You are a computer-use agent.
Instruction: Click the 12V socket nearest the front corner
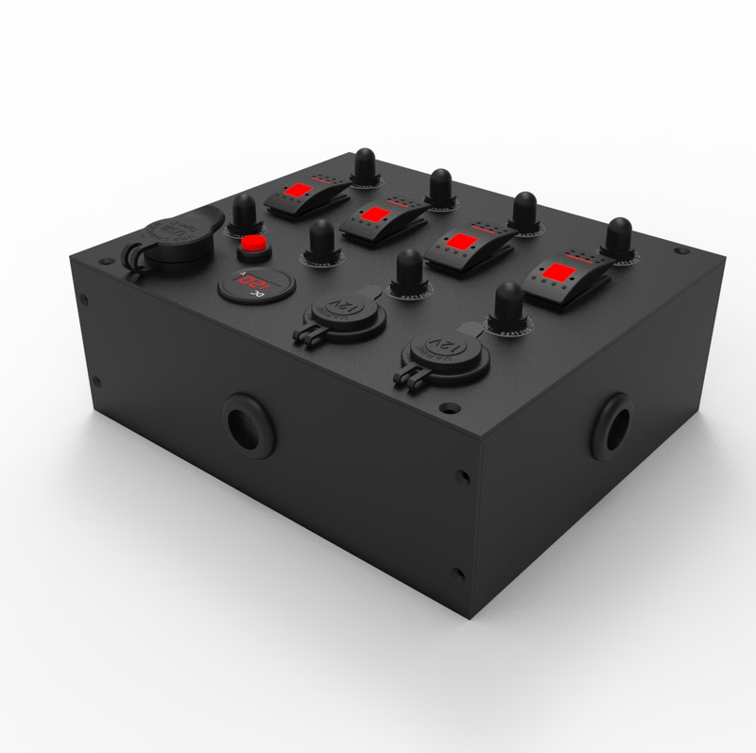click(438, 351)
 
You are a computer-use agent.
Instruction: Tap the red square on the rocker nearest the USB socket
click(302, 192)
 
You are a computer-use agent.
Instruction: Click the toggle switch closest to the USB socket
click(245, 213)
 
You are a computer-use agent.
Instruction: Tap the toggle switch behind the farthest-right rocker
click(619, 239)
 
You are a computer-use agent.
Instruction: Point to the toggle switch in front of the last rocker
click(508, 304)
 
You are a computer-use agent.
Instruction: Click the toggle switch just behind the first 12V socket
click(409, 273)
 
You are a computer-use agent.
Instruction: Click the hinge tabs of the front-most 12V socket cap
click(410, 378)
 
